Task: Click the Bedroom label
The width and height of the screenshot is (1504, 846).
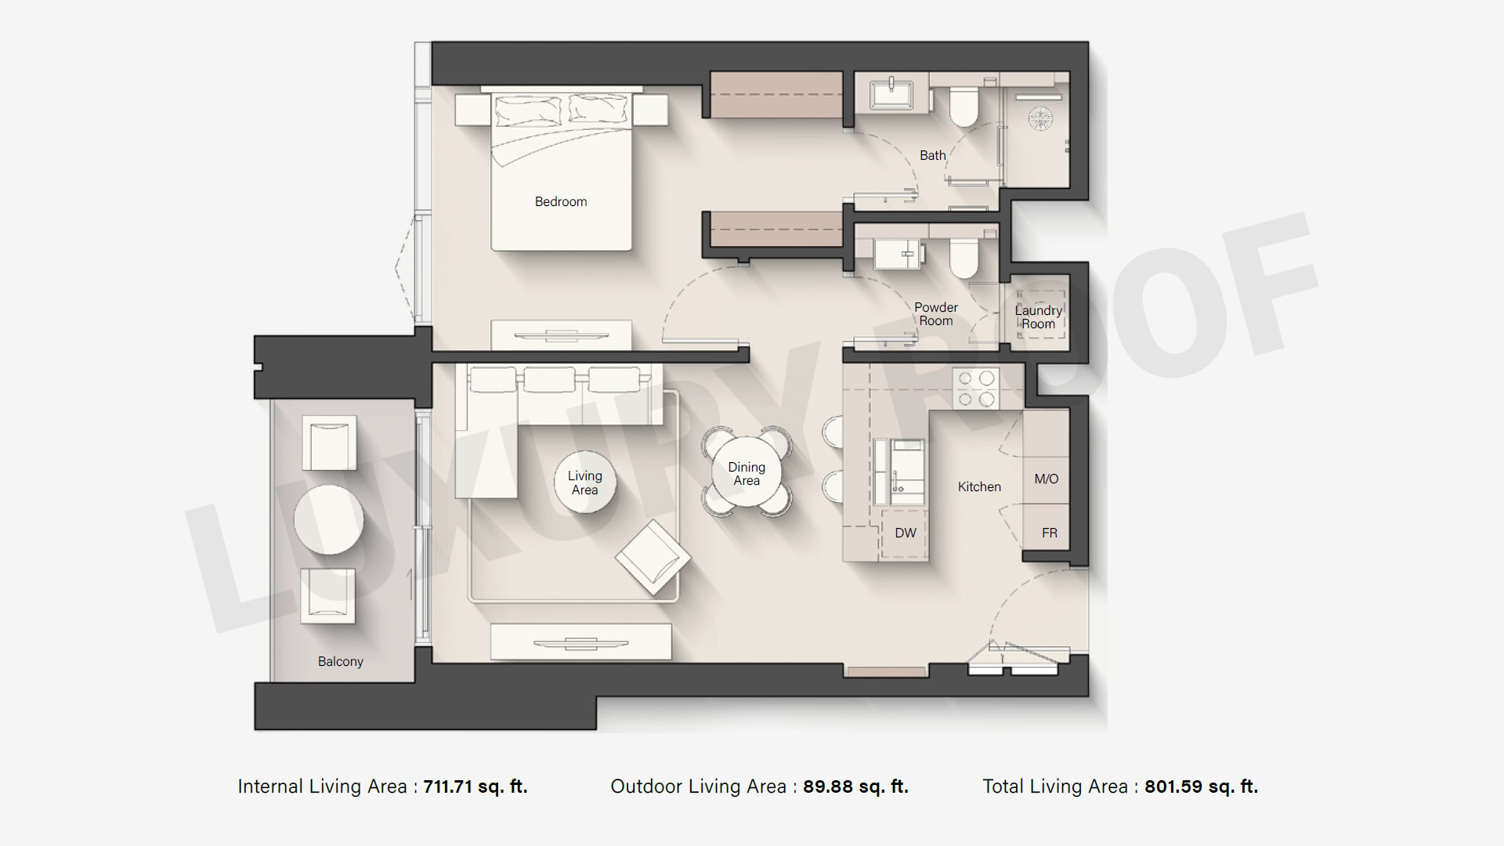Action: pyautogui.click(x=561, y=201)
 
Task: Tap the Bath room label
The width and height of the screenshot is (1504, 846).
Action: pyautogui.click(x=932, y=155)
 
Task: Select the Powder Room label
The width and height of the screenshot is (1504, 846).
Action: pyautogui.click(x=936, y=314)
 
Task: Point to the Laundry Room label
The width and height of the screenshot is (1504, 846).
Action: pyautogui.click(x=1039, y=317)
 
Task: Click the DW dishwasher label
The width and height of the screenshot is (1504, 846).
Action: pyautogui.click(x=906, y=533)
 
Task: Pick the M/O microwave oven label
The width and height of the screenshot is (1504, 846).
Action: pyautogui.click(x=1047, y=479)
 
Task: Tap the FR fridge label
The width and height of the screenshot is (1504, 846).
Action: pyautogui.click(x=1050, y=533)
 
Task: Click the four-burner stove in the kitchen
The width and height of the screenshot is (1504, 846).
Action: pyautogui.click(x=976, y=389)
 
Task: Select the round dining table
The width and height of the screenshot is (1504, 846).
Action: pyautogui.click(x=747, y=473)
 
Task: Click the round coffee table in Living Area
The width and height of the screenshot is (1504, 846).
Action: pyautogui.click(x=584, y=483)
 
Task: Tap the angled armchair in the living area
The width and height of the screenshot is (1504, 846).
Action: pyautogui.click(x=653, y=557)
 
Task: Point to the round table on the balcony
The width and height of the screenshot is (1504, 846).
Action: pyautogui.click(x=329, y=519)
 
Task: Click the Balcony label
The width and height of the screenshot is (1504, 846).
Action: pyautogui.click(x=341, y=661)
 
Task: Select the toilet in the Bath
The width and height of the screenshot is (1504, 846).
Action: pyautogui.click(x=964, y=107)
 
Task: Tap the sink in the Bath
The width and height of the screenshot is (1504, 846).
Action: pyautogui.click(x=891, y=93)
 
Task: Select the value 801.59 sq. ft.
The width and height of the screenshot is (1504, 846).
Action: pyautogui.click(x=1202, y=786)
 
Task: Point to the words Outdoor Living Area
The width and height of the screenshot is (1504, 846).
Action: pyautogui.click(x=699, y=786)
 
